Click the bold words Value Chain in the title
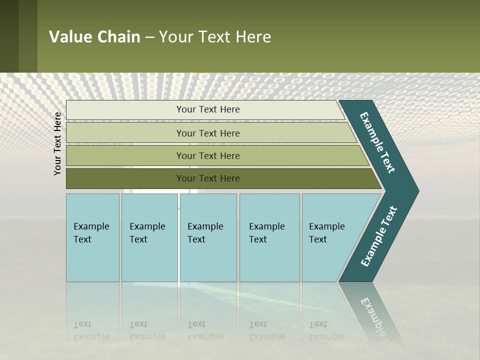(x=94, y=37)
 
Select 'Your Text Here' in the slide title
(x=215, y=37)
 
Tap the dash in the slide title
(x=149, y=37)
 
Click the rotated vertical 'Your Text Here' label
(x=57, y=143)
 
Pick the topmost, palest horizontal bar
(x=207, y=109)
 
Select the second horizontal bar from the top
(x=207, y=133)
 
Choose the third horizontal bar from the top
(x=207, y=155)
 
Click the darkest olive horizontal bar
(x=207, y=178)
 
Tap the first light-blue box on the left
(x=92, y=237)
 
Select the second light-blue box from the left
(x=149, y=237)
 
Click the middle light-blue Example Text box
(x=207, y=237)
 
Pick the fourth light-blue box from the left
(x=269, y=237)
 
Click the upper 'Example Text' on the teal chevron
(x=378, y=142)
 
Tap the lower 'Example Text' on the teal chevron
(x=379, y=236)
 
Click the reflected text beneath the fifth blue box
(x=326, y=330)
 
